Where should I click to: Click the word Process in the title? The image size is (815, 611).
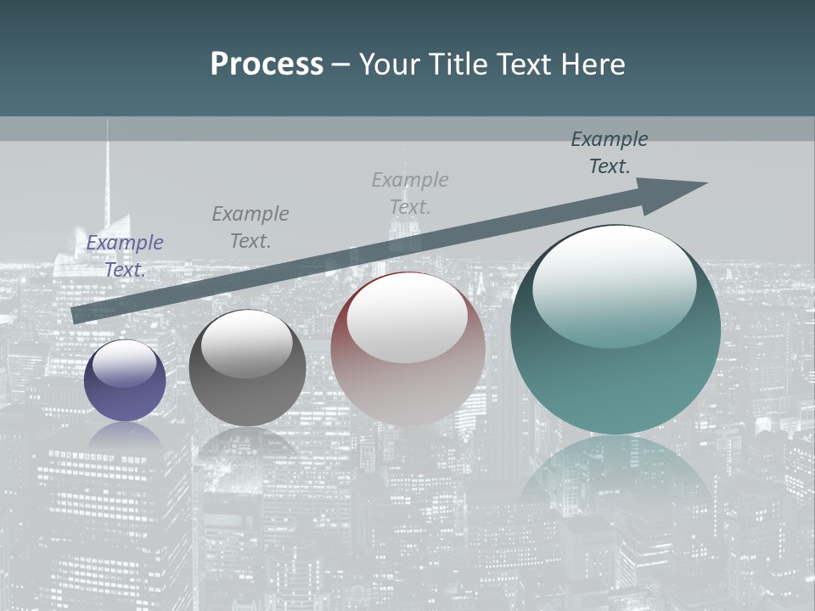click(x=267, y=64)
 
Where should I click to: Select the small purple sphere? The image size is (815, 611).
click(x=125, y=381)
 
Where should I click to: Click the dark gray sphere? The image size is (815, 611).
click(x=247, y=368)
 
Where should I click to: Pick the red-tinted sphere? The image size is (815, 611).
click(x=407, y=349)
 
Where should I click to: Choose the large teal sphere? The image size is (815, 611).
click(x=615, y=330)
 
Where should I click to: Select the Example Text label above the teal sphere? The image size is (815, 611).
click(x=610, y=153)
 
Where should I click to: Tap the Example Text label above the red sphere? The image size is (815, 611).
click(x=410, y=193)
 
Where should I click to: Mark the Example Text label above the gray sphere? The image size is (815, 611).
click(x=250, y=227)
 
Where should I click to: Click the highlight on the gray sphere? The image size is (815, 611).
click(x=246, y=343)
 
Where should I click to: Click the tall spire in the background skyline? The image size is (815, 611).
click(x=108, y=170)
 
